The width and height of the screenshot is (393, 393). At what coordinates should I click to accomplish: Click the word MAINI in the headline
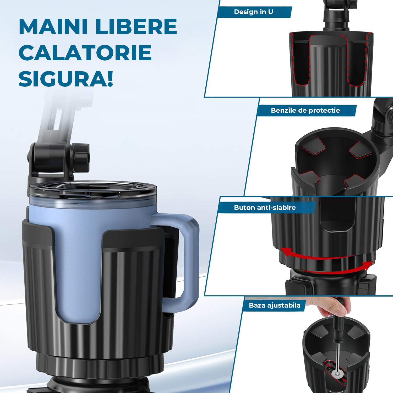[x=53, y=26]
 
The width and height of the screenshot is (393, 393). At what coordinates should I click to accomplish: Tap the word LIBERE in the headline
[x=136, y=26]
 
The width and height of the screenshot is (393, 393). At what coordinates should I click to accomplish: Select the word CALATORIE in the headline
[x=85, y=53]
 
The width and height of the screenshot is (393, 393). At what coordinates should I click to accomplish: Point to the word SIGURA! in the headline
[x=66, y=79]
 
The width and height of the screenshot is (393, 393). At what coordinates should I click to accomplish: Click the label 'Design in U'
[x=253, y=12]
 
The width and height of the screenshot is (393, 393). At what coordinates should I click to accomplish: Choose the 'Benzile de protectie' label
[x=305, y=110]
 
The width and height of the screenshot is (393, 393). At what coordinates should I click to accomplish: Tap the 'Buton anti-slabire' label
[x=265, y=208]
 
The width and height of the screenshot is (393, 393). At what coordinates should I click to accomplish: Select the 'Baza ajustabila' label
[x=275, y=305]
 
